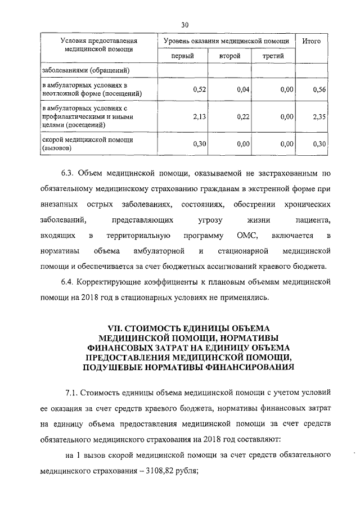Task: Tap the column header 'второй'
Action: coord(230,56)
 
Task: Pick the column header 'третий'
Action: coord(273,56)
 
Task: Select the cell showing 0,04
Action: coord(243,89)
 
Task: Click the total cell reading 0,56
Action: coord(319,89)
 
